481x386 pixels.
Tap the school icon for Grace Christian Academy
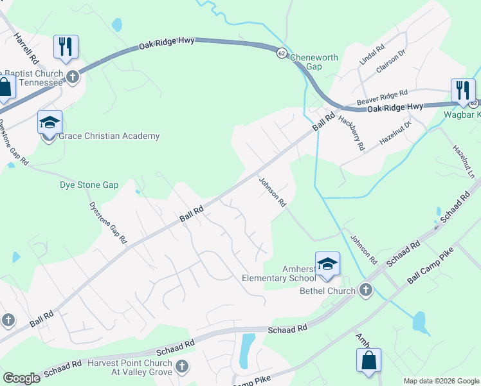pos(50,123)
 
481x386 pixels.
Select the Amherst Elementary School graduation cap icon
pos(327,264)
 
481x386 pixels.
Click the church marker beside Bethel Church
pos(366,290)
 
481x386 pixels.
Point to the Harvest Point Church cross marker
pos(182,367)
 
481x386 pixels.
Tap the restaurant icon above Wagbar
pos(462,91)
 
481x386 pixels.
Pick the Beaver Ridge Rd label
pos(383,98)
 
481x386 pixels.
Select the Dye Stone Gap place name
pos(89,185)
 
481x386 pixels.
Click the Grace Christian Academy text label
pos(109,136)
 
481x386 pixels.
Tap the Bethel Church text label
pos(327,291)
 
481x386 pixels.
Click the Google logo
pos(21,378)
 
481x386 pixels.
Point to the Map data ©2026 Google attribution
pos(440,381)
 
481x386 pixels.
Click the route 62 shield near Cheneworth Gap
pos(282,53)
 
